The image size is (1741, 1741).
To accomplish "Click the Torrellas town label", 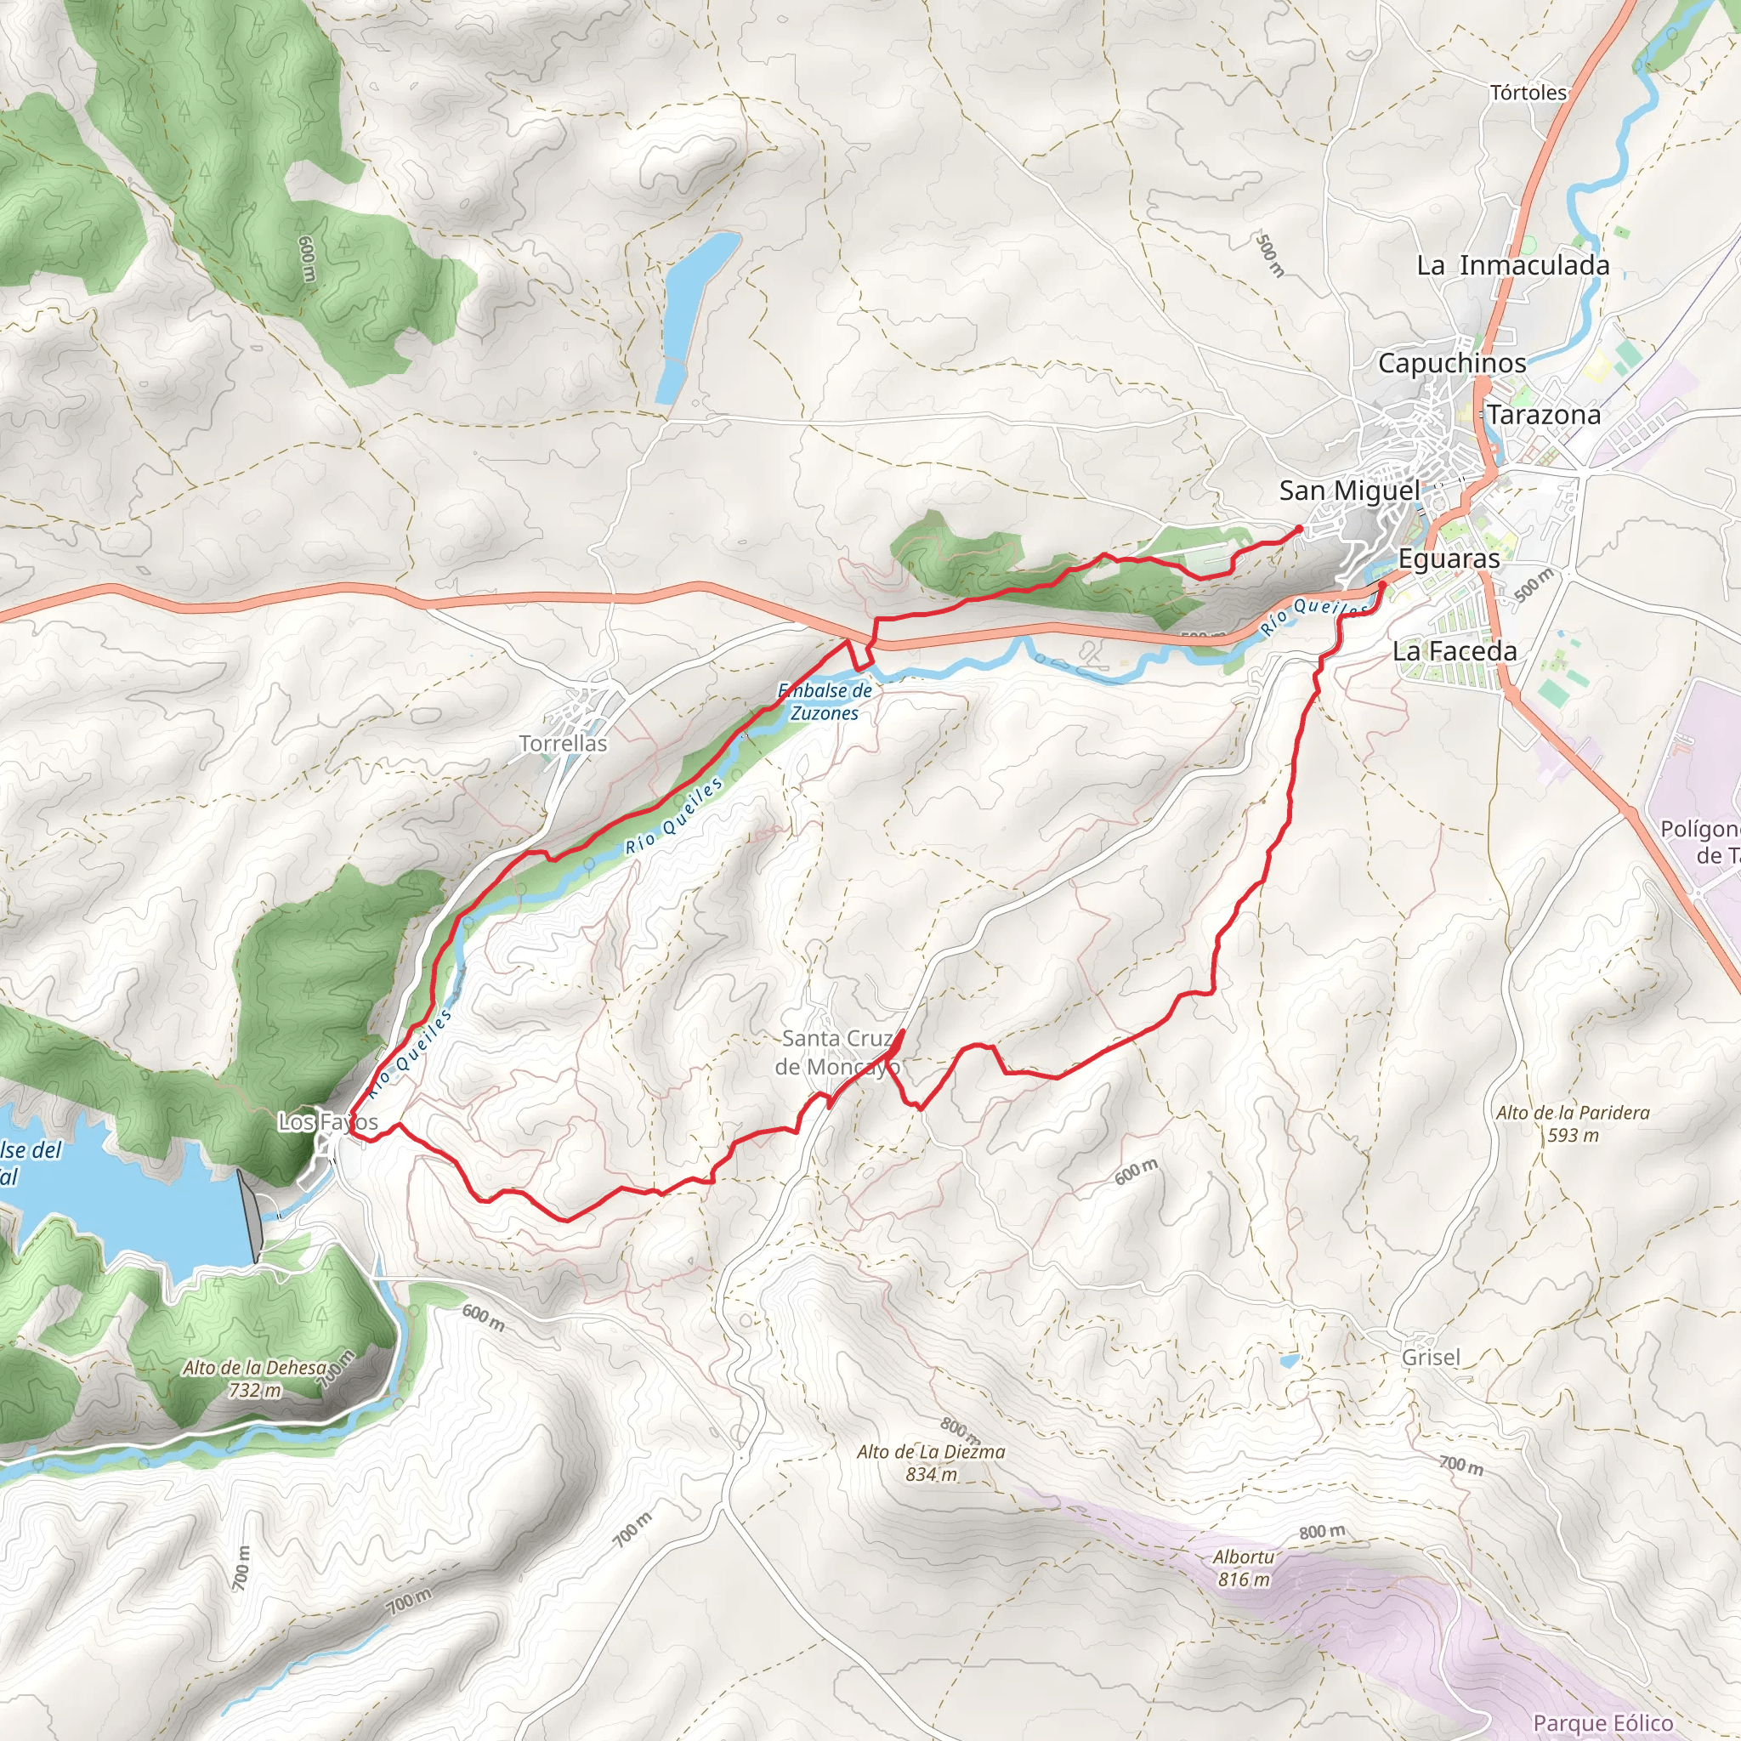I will (x=564, y=744).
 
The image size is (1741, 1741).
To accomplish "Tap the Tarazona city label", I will (x=1544, y=416).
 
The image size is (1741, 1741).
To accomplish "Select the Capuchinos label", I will (x=1452, y=363).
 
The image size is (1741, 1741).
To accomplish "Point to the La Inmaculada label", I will (x=1513, y=266).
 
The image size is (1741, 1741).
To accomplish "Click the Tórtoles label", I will (x=1528, y=93).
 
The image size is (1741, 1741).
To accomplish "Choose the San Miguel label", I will (x=1349, y=491).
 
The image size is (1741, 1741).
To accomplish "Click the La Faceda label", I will (x=1455, y=650).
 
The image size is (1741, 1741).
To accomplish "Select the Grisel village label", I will (x=1431, y=1357).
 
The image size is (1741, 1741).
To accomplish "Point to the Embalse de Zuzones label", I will (x=825, y=702).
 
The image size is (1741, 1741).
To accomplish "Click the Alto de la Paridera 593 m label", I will (x=1573, y=1124).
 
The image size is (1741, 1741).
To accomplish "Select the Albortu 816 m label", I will (x=1244, y=1568).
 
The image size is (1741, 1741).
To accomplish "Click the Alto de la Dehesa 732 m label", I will (x=255, y=1379).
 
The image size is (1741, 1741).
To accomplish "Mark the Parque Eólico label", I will (x=1603, y=1723).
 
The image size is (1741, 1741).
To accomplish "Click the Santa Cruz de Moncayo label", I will (x=836, y=1052).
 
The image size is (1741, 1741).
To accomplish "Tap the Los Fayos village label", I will (x=327, y=1122).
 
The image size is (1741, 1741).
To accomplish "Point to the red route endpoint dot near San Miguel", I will (x=1299, y=529).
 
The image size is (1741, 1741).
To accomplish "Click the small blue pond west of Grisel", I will (x=1290, y=1362).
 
